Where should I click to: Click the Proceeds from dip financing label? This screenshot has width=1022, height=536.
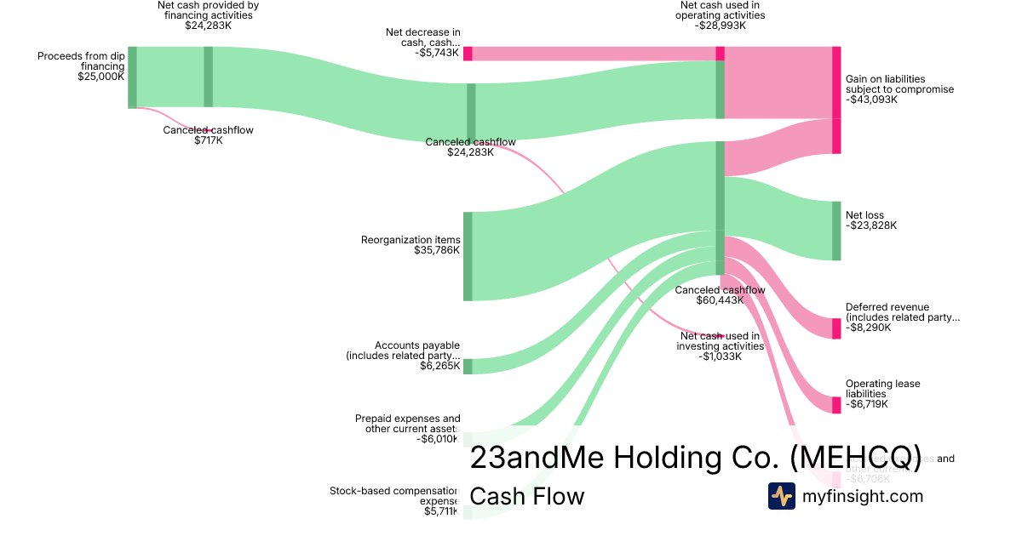pos(81,61)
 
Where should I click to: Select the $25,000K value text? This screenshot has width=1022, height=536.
pos(100,76)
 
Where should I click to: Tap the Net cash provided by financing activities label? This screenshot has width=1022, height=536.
pos(208,10)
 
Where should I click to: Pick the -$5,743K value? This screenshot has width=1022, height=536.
pos(437,53)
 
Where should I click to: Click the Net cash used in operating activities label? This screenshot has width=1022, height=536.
pos(721,10)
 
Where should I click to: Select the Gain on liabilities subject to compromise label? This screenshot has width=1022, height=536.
pos(899,83)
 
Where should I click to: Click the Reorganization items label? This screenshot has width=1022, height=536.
pos(411,240)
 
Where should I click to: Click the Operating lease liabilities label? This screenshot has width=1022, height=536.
pos(882,389)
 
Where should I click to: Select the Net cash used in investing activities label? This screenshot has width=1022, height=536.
pos(720,340)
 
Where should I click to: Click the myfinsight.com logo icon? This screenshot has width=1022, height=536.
pos(781,495)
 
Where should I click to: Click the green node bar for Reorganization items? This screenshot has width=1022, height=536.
pos(468,256)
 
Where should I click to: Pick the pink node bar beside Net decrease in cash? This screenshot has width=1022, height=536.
pos(468,53)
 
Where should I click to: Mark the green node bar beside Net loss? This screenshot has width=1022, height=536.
pos(835,231)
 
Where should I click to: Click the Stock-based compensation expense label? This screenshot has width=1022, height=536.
pos(394,496)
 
